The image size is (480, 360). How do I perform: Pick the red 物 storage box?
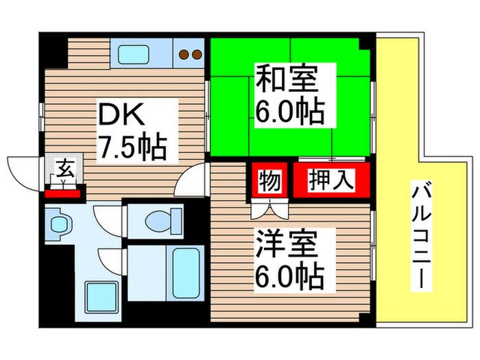[269, 182]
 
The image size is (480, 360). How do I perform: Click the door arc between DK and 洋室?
[190, 180]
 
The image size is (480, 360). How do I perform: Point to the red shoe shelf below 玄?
[63, 193]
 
